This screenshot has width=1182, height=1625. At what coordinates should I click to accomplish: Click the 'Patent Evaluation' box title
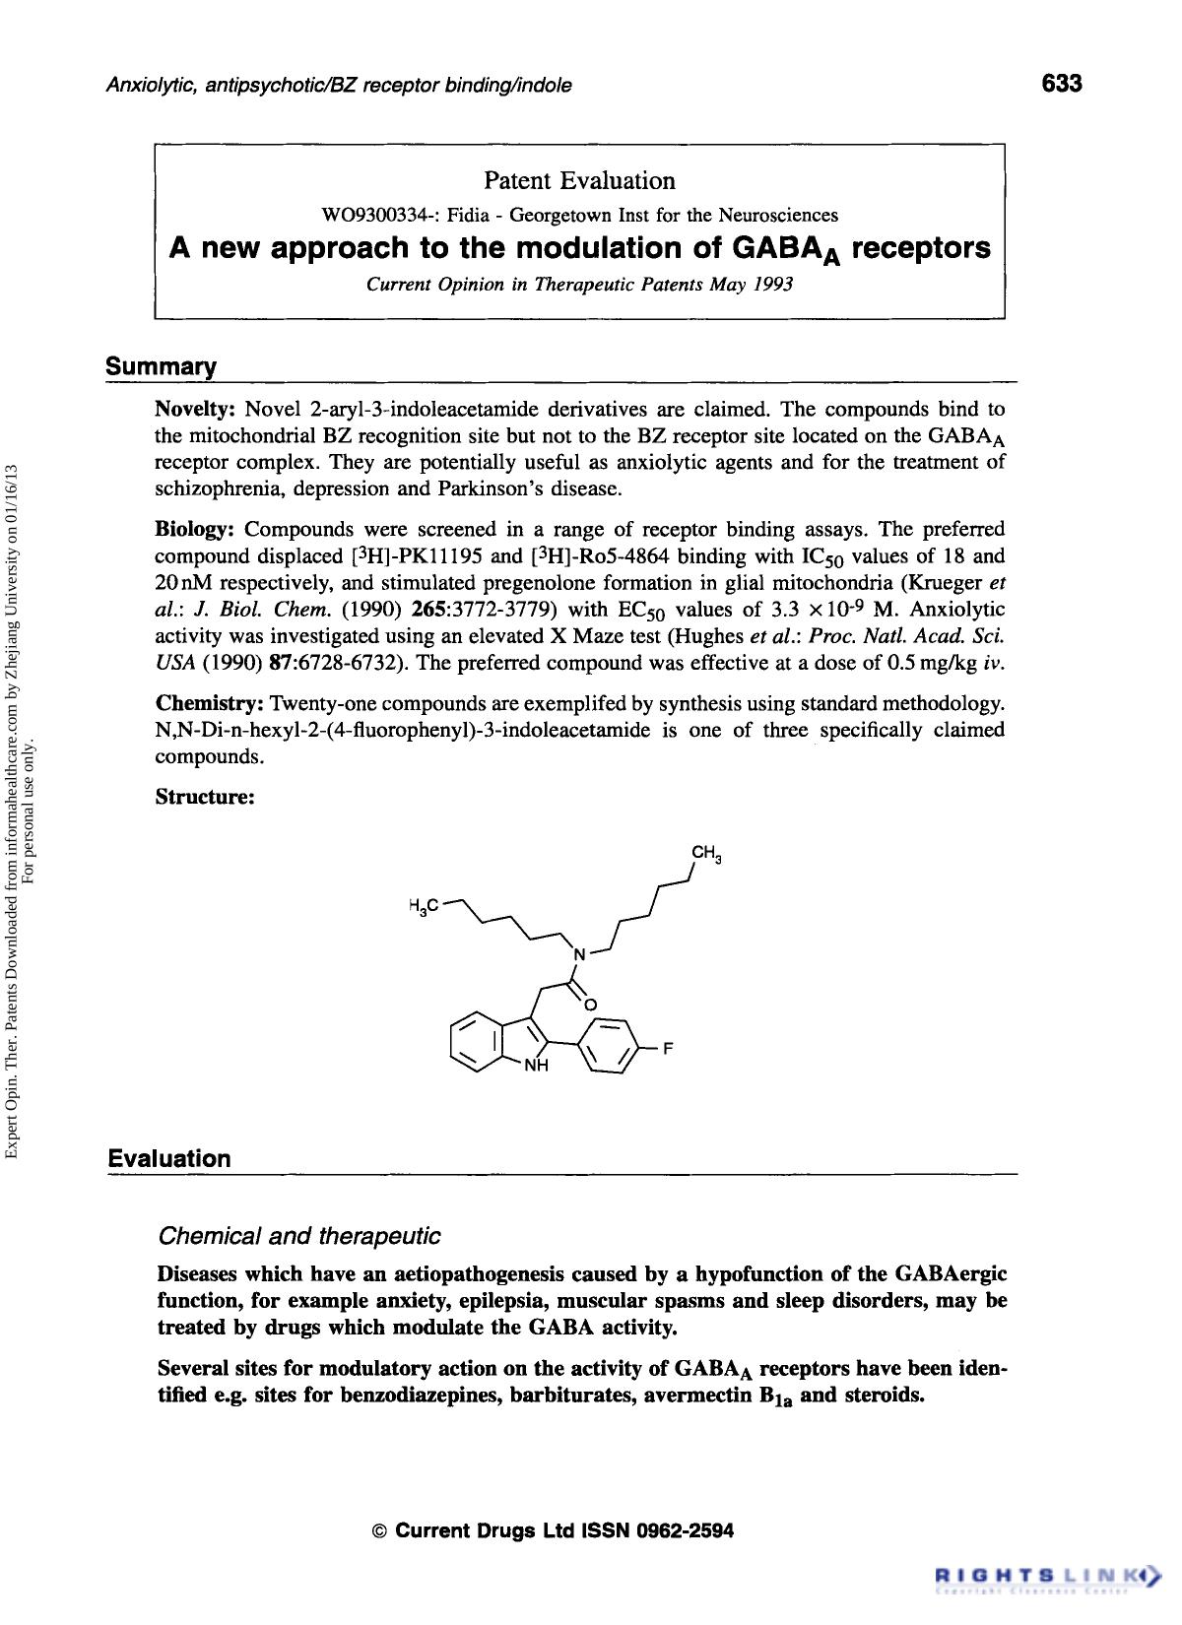[x=579, y=181]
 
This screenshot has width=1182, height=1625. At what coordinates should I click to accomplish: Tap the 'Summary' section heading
[x=161, y=368]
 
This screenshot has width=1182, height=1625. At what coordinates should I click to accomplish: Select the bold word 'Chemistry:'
[x=210, y=704]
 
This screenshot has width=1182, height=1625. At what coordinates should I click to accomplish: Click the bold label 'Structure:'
[x=205, y=797]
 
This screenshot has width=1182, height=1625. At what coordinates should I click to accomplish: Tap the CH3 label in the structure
[x=707, y=854]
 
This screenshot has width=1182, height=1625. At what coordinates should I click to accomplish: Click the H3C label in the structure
[x=423, y=904]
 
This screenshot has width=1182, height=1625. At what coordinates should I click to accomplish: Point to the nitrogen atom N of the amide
[x=580, y=954]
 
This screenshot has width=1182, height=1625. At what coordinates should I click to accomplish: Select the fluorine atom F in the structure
[x=667, y=1049]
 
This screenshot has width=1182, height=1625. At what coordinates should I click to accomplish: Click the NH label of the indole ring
[x=535, y=1067]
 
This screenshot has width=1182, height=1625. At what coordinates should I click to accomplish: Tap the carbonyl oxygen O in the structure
[x=591, y=1004]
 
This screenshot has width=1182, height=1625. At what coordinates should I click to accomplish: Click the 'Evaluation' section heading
[x=168, y=1159]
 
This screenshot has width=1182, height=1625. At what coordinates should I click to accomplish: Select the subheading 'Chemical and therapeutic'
[x=298, y=1235]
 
